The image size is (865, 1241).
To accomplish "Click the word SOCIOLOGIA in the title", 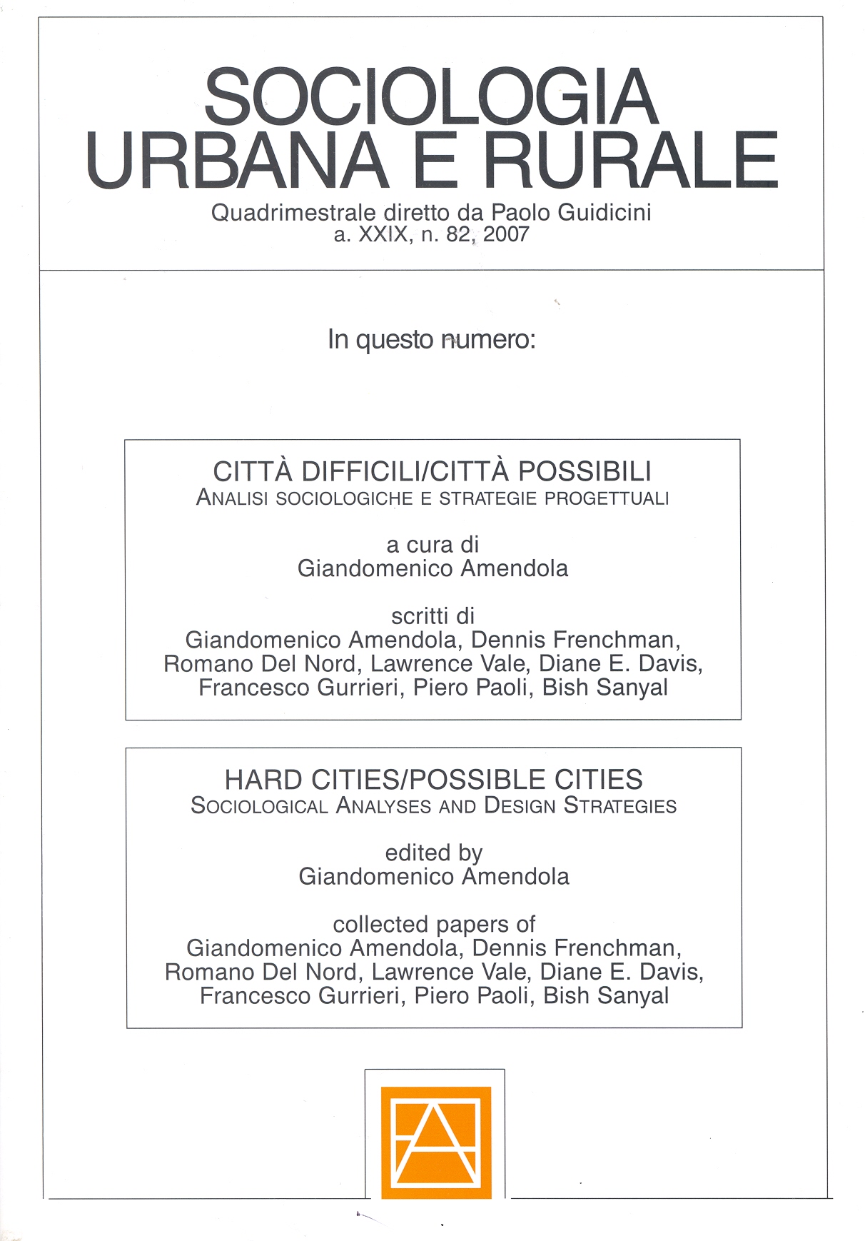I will coord(431,98).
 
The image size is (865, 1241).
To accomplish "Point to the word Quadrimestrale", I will coord(293,213).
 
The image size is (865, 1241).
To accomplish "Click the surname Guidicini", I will coord(605,213).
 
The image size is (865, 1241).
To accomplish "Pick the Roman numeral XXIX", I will coord(384,234).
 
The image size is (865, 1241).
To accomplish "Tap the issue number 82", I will coord(459,234).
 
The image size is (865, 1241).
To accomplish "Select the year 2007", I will coord(506,234).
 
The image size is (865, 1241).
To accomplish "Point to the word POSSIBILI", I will coord(585,472).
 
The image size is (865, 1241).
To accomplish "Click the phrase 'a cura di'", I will coord(432,545).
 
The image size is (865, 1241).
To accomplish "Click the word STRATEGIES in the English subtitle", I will coord(620,806).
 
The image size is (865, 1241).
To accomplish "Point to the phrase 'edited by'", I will coord(434,853).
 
